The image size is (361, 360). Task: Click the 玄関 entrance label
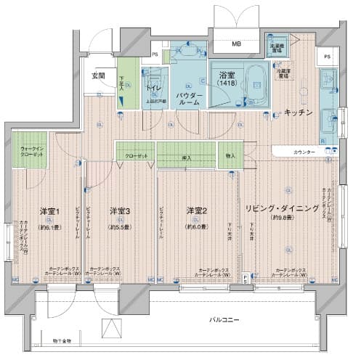pyautogui.click(x=98, y=75)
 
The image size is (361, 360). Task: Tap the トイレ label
pyautogui.click(x=153, y=89)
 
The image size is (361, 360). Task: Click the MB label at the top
pyautogui.click(x=236, y=44)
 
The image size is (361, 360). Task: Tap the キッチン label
pyautogui.click(x=298, y=112)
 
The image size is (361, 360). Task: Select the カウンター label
pyautogui.click(x=304, y=152)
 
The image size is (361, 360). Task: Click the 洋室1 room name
pyautogui.click(x=49, y=211)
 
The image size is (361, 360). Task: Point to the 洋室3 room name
pyautogui.click(x=121, y=211)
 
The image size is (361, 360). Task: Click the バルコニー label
pyautogui.click(x=224, y=320)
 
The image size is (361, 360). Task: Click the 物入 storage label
pyautogui.click(x=230, y=155)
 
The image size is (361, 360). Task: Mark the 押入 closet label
pyautogui.click(x=186, y=156)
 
